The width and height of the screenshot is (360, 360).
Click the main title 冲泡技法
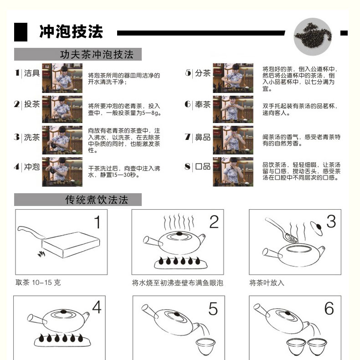pyautogui.click(x=71, y=31)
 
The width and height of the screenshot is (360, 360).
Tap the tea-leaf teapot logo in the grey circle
pyautogui.click(x=313, y=36)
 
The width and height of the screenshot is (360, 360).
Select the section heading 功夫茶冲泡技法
pyautogui.click(x=97, y=55)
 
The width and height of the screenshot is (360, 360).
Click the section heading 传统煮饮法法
pyautogui.click(x=97, y=200)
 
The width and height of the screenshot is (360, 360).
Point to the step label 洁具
pyautogui.click(x=32, y=73)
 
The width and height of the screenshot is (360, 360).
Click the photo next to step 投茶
pyautogui.click(x=62, y=109)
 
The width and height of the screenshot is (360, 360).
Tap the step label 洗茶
pyautogui.click(x=32, y=137)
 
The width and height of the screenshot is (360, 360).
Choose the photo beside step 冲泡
pyautogui.click(x=62, y=172)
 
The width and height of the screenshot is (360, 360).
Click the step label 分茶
pyautogui.click(x=203, y=73)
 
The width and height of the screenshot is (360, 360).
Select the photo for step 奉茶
pyautogui.click(x=233, y=109)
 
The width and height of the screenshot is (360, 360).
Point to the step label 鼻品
pyautogui.click(x=203, y=137)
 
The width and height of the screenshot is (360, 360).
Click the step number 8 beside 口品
pyautogui.click(x=188, y=166)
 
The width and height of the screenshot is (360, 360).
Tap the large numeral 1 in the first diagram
pyautogui.click(x=98, y=222)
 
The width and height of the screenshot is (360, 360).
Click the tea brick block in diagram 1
pyautogui.click(x=71, y=245)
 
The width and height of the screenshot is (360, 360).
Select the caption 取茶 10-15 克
pyautogui.click(x=38, y=283)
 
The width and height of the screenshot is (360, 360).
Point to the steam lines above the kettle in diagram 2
pyautogui.click(x=179, y=222)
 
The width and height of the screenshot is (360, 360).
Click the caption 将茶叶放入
pyautogui.click(x=267, y=283)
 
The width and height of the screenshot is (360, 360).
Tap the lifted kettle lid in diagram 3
pyautogui.click(x=317, y=228)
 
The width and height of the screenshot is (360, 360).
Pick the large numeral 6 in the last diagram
pyautogui.click(x=329, y=309)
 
